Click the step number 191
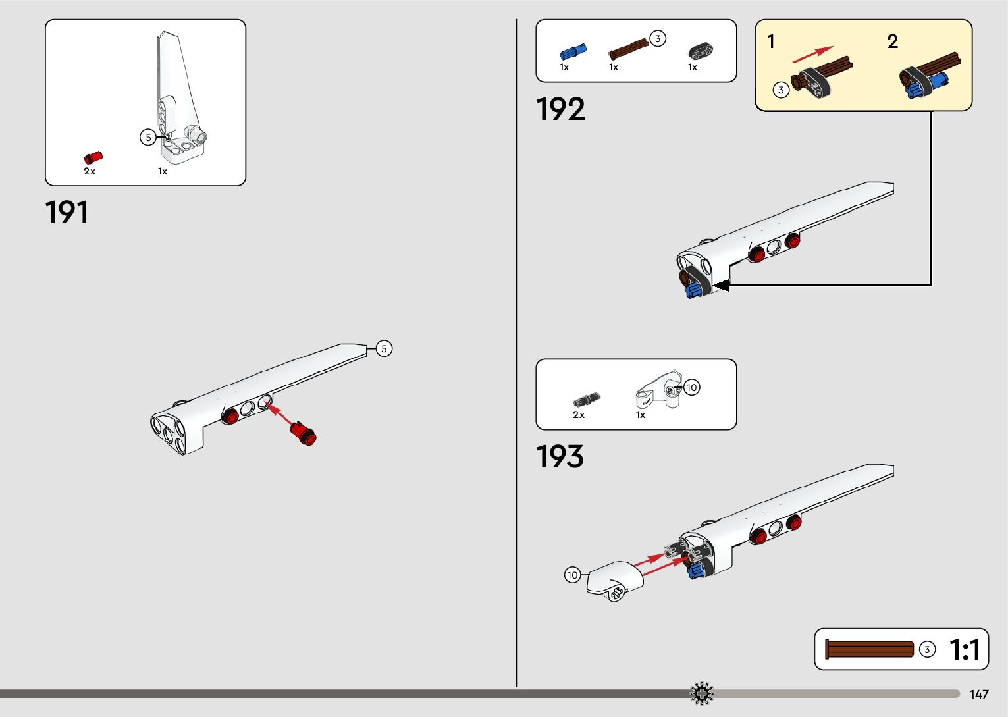pyautogui.click(x=66, y=213)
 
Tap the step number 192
pyautogui.click(x=560, y=109)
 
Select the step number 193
pyautogui.click(x=560, y=457)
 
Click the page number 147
pyautogui.click(x=979, y=694)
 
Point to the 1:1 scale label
pyautogui.click(x=965, y=650)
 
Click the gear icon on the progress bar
pyautogui.click(x=702, y=693)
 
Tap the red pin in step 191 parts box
pyautogui.click(x=93, y=157)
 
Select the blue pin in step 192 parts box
pyautogui.click(x=572, y=51)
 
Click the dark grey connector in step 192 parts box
pyautogui.click(x=701, y=51)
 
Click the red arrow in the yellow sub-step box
pyautogui.click(x=812, y=54)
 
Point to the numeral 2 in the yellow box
pyautogui.click(x=892, y=41)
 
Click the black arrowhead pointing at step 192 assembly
pyautogui.click(x=722, y=285)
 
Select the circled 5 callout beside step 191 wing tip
pyautogui.click(x=384, y=348)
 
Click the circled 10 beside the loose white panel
pyautogui.click(x=572, y=575)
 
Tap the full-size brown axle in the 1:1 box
pyautogui.click(x=869, y=649)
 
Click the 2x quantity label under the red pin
pyautogui.click(x=90, y=171)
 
